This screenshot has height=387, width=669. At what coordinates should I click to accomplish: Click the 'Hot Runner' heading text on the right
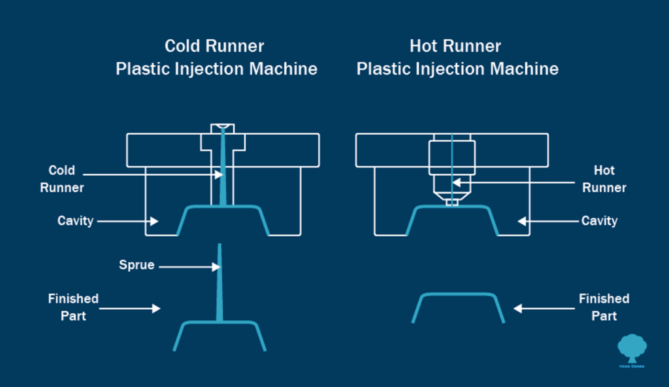(x=455, y=46)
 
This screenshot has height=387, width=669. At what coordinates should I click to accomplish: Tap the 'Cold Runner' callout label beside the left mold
(x=62, y=178)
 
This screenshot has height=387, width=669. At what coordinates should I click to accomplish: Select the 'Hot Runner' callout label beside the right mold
(x=610, y=178)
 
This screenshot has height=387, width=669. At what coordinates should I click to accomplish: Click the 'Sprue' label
(x=136, y=265)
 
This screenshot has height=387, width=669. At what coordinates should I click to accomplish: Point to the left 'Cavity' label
(x=75, y=221)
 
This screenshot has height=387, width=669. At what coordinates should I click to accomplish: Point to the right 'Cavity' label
(x=599, y=221)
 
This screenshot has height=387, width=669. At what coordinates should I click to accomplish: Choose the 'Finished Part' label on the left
(x=73, y=307)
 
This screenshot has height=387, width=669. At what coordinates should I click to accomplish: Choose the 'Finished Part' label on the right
(x=604, y=307)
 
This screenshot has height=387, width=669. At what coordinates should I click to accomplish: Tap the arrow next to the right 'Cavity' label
(x=547, y=222)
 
